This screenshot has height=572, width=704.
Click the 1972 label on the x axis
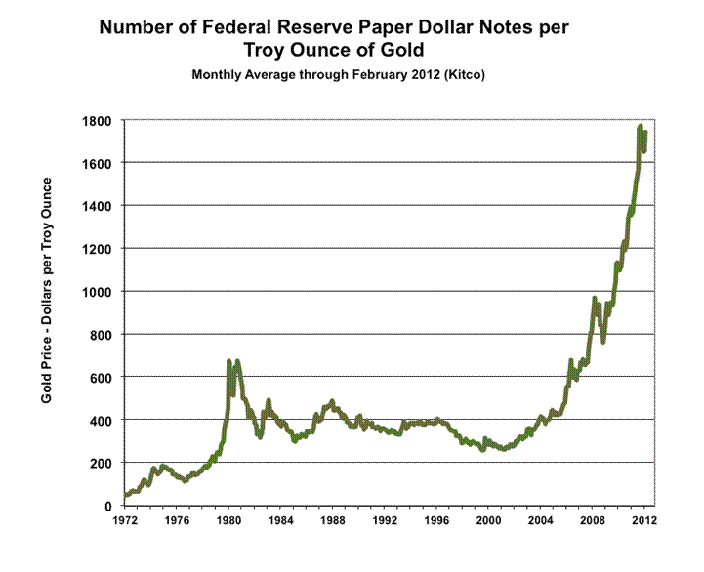click(x=124, y=520)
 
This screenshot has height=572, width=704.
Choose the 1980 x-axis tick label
click(x=228, y=520)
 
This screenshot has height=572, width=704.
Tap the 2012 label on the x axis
click(x=643, y=520)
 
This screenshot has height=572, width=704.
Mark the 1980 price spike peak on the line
click(x=228, y=362)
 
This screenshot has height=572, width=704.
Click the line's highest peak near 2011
click(x=640, y=127)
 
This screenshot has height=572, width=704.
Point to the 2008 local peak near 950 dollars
click(x=595, y=299)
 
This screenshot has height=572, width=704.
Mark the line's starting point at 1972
click(x=125, y=495)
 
